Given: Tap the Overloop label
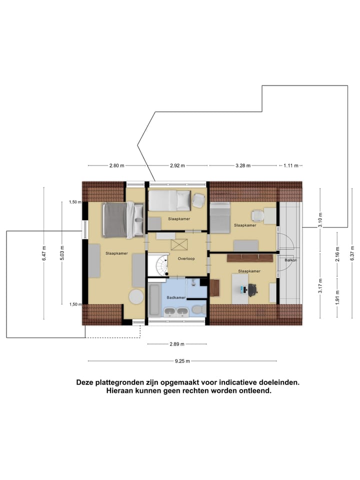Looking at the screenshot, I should point(186,258).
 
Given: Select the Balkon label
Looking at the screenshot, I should point(291,260).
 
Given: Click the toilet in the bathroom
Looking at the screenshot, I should point(198,308).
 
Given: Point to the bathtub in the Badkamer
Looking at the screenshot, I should point(153,299).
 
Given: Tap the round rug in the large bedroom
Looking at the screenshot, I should point(136,296).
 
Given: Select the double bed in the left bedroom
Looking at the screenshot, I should point(120,219).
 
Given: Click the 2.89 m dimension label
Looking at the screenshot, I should point(176,344).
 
